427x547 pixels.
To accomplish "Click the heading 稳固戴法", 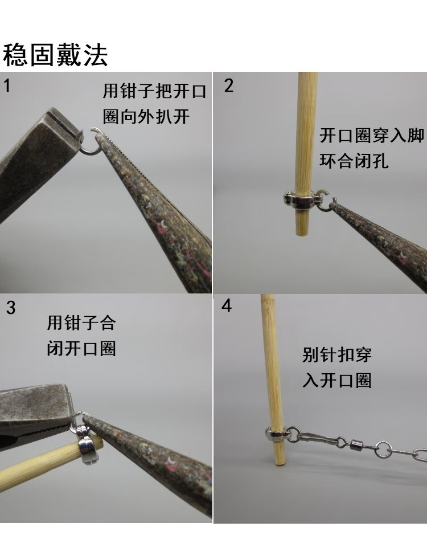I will click(55, 55).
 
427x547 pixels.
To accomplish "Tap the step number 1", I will click(7, 86).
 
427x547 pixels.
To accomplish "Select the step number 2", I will click(229, 86).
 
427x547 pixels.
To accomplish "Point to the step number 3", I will click(11, 308).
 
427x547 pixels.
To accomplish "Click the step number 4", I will click(227, 306).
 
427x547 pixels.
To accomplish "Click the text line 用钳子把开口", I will click(154, 91).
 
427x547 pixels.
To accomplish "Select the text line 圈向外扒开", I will click(146, 117).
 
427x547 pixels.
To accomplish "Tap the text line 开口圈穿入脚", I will click(372, 136).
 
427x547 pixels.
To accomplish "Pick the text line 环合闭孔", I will click(354, 161).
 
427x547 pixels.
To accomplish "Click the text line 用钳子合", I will click(81, 323).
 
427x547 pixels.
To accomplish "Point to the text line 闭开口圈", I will click(81, 348).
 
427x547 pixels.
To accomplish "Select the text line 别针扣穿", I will click(337, 355).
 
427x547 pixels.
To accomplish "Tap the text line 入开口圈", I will click(337, 380).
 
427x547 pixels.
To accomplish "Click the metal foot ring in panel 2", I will click(300, 200).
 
